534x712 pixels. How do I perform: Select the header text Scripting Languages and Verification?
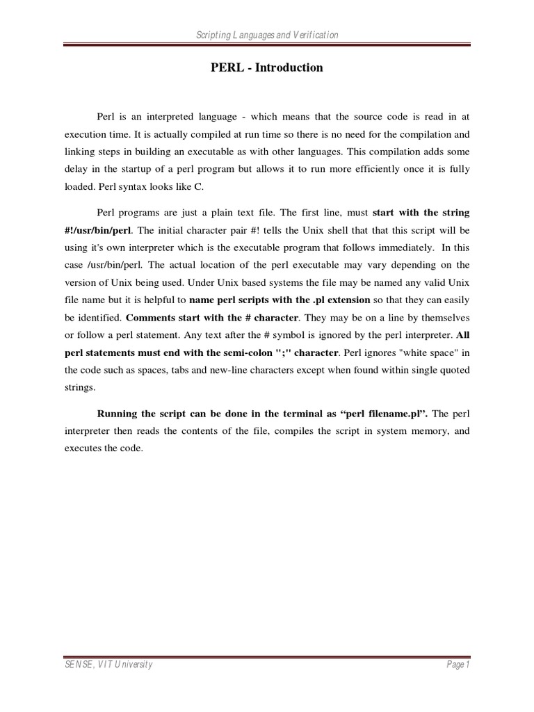(267, 35)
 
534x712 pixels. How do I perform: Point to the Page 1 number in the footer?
(459, 665)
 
